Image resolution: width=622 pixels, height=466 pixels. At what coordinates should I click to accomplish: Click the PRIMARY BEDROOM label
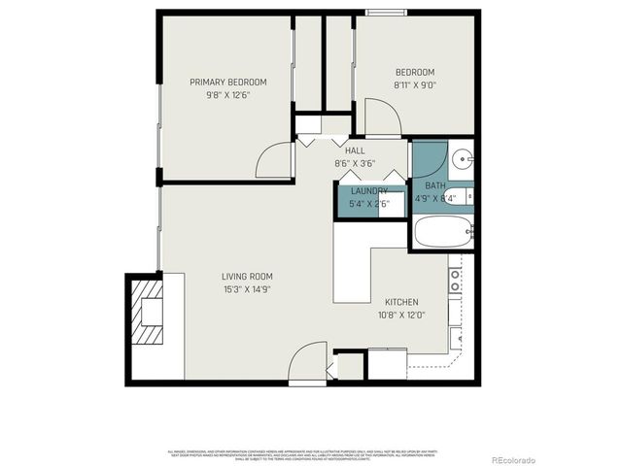pyautogui.click(x=227, y=83)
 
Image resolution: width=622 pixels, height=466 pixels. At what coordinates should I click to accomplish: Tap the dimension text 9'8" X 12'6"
pyautogui.click(x=227, y=95)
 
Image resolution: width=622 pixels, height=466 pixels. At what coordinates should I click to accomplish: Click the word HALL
pyautogui.click(x=355, y=150)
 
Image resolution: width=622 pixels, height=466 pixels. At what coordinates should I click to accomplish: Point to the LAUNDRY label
pyautogui.click(x=369, y=191)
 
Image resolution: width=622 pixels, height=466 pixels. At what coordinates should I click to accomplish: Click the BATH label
pyautogui.click(x=435, y=185)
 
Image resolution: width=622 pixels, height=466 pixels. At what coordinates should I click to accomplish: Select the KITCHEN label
pyautogui.click(x=401, y=302)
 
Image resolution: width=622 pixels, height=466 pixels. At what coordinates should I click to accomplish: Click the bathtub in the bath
pyautogui.click(x=442, y=232)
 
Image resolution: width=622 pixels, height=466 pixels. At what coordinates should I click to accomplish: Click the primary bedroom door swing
pyautogui.click(x=274, y=161)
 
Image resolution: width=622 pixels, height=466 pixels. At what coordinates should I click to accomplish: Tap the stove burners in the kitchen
pyautogui.click(x=454, y=281)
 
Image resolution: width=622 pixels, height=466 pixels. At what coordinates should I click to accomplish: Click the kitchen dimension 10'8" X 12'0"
pyautogui.click(x=401, y=315)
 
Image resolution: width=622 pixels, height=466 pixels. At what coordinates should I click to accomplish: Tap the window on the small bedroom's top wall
pyautogui.click(x=386, y=13)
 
